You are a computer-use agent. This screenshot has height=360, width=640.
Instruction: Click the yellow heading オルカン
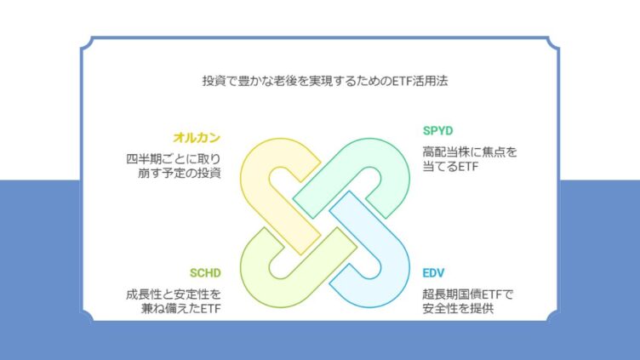(197, 138)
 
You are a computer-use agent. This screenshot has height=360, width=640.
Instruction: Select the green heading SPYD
(438, 130)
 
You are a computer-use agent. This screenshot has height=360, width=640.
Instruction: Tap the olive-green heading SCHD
(205, 272)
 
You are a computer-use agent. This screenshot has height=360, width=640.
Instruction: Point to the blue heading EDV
(433, 272)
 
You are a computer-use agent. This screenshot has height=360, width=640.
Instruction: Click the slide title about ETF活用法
(325, 81)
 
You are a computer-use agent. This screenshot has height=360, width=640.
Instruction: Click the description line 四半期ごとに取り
(174, 159)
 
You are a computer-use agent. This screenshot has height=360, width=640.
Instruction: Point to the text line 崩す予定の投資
(180, 173)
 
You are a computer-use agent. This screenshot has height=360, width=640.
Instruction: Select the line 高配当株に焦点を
(470, 152)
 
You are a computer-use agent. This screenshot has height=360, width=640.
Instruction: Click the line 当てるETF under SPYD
(450, 167)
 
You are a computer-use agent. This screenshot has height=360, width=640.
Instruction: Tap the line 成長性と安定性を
(174, 294)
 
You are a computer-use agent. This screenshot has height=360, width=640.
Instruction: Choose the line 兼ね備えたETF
(180, 309)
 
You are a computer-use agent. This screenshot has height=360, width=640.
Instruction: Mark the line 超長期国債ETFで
(468, 294)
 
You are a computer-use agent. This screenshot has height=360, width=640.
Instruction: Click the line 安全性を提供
(459, 309)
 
